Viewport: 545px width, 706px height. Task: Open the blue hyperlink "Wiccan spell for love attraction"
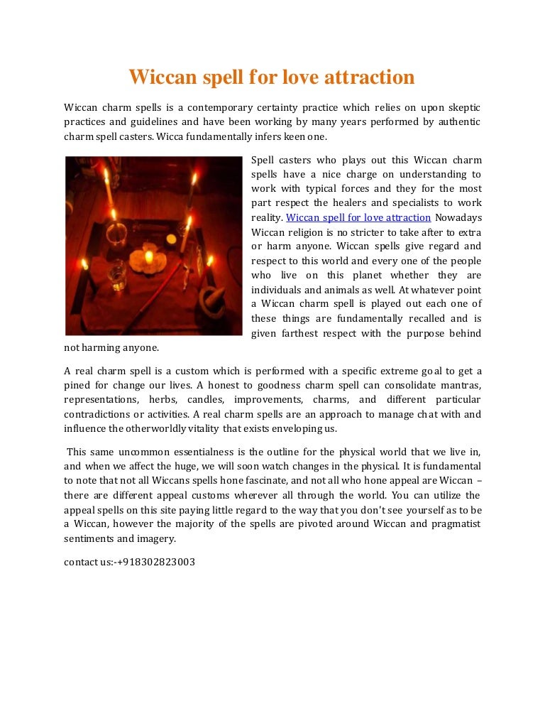(x=358, y=217)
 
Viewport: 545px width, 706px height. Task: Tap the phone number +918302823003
(x=157, y=562)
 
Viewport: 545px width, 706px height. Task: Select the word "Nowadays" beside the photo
(x=458, y=217)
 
